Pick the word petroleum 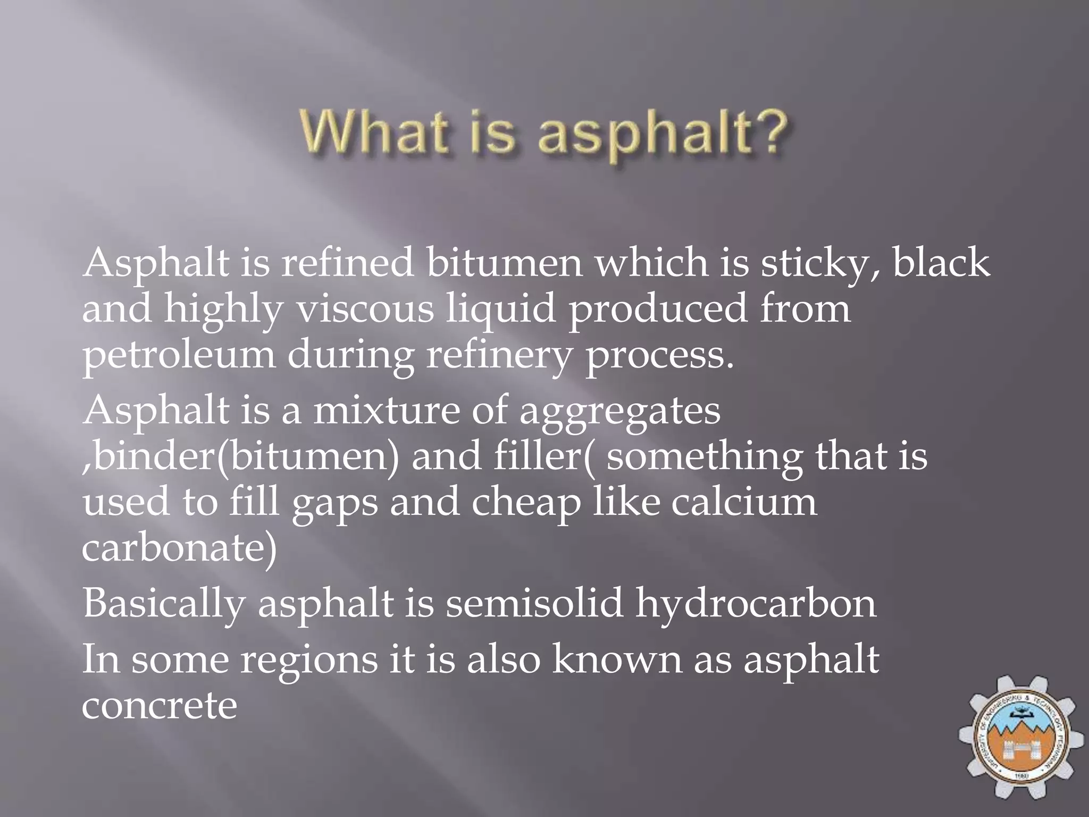(x=179, y=355)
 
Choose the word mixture (x=386, y=410)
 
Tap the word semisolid (x=534, y=603)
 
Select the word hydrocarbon (x=756, y=604)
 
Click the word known (x=617, y=659)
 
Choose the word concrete (x=159, y=705)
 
